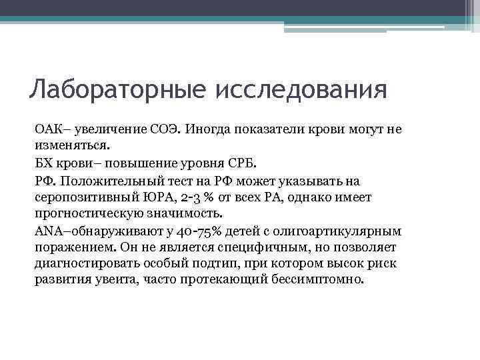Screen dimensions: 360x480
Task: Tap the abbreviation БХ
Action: point(42,163)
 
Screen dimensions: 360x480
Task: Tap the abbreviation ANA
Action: point(47,231)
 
